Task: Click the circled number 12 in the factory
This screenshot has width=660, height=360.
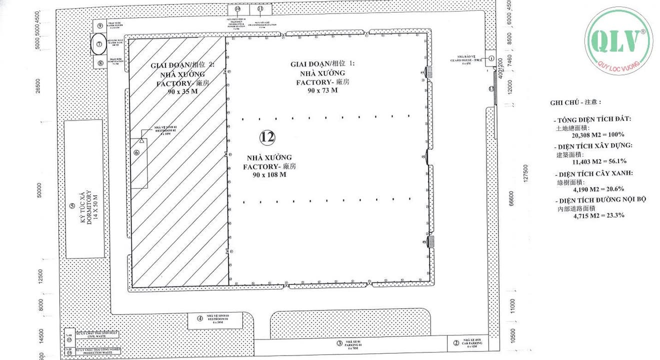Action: (x=267, y=136)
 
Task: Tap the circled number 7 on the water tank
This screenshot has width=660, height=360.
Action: (x=99, y=44)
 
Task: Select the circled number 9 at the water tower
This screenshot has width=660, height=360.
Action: (x=100, y=25)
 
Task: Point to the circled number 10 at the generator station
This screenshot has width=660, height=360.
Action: (x=237, y=9)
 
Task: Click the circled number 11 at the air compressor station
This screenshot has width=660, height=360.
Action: (x=260, y=9)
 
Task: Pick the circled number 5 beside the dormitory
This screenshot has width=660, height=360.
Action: (x=72, y=205)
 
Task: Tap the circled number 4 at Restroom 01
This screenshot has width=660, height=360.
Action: (x=199, y=318)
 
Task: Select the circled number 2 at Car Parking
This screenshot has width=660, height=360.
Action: (x=455, y=342)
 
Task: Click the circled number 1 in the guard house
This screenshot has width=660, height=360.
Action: (x=491, y=58)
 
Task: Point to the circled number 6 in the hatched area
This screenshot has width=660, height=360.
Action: (x=136, y=152)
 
